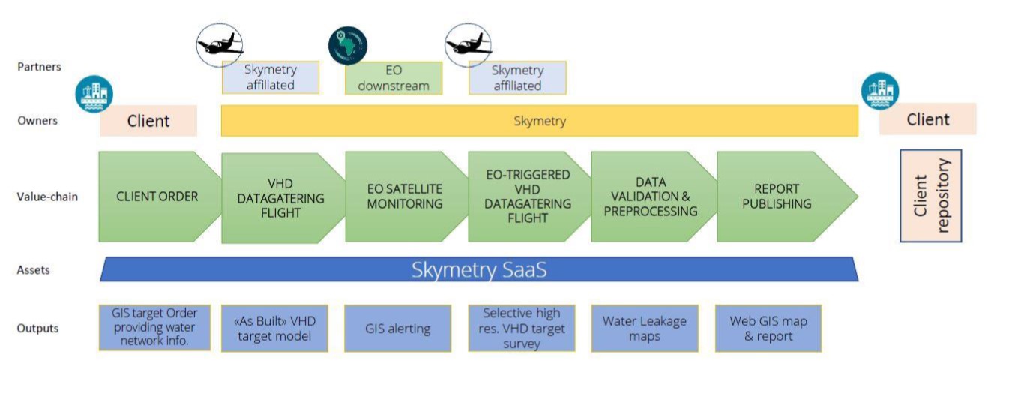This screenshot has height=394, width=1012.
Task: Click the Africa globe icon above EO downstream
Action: pyautogui.click(x=347, y=45)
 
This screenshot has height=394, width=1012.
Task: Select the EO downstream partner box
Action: pyautogui.click(x=394, y=78)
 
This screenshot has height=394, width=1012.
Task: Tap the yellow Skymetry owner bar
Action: pyautogui.click(x=540, y=121)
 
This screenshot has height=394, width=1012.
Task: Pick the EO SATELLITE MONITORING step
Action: pyautogui.click(x=406, y=197)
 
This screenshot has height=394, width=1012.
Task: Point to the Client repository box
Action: pyautogui.click(x=931, y=196)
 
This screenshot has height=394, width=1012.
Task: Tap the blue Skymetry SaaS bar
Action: pyautogui.click(x=479, y=269)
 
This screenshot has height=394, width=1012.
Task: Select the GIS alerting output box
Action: pyautogui.click(x=397, y=329)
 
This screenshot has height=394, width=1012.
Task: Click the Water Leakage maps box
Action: pyautogui.click(x=645, y=329)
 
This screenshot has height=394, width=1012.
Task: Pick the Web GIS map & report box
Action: pyautogui.click(x=768, y=329)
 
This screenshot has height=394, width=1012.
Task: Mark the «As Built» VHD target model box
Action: pyautogui.click(x=274, y=329)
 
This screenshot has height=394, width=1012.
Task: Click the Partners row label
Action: pyautogui.click(x=39, y=67)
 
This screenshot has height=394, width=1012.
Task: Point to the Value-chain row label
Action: pyautogui.click(x=47, y=197)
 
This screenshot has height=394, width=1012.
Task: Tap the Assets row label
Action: pyautogui.click(x=34, y=270)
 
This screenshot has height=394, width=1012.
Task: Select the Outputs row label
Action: pyautogui.click(x=38, y=329)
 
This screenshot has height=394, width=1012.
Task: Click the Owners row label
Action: pyautogui.click(x=37, y=121)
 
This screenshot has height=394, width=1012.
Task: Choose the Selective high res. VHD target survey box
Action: pyautogui.click(x=522, y=329)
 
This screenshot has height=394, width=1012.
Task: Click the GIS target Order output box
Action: pyautogui.click(x=154, y=327)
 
